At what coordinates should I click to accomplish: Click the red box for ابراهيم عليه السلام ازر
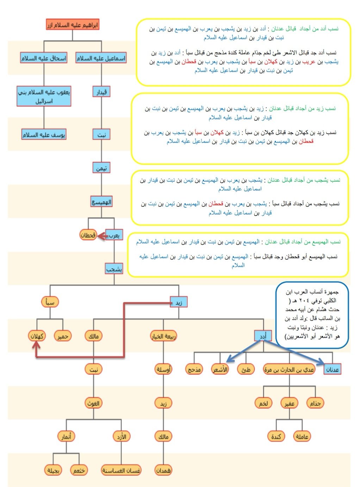(x=72, y=25)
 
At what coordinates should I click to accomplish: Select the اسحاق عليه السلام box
(x=44, y=58)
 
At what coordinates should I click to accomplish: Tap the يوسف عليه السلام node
(x=44, y=135)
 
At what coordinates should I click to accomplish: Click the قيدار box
(x=101, y=92)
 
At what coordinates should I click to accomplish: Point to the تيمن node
(x=101, y=168)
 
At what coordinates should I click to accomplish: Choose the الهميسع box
(x=101, y=202)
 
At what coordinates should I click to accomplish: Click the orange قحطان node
(x=88, y=235)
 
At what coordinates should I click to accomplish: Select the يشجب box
(x=114, y=269)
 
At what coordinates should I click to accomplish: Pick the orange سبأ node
(x=50, y=302)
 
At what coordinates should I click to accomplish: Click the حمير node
(x=63, y=336)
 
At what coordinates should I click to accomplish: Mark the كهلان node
(x=37, y=336)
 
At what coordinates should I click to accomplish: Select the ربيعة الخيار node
(x=163, y=336)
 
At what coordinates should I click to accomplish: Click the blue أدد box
(x=263, y=336)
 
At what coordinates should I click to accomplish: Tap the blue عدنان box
(x=333, y=369)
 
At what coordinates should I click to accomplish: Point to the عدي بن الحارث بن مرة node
(x=289, y=369)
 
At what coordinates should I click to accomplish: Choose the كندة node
(x=276, y=437)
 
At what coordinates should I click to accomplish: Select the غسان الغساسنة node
(x=121, y=470)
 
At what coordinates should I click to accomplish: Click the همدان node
(x=163, y=470)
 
